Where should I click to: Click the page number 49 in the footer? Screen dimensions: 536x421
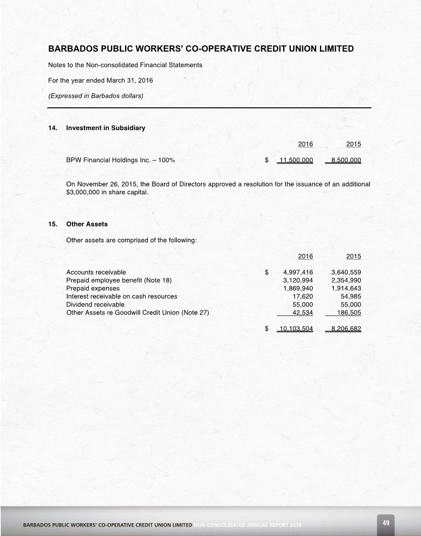(x=386, y=523)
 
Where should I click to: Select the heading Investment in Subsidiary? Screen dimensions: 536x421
(x=106, y=128)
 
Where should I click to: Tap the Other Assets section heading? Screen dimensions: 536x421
(x=87, y=224)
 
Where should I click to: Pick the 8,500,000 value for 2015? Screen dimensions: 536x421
(x=346, y=160)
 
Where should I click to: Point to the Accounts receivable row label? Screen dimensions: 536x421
(x=96, y=272)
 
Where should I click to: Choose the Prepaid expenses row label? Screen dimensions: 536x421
(x=93, y=288)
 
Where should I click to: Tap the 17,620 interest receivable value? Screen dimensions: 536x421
(x=302, y=296)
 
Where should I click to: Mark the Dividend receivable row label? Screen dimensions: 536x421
(x=95, y=305)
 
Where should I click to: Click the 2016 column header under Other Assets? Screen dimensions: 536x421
(x=305, y=256)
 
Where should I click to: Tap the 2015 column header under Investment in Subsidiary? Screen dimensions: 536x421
(x=353, y=144)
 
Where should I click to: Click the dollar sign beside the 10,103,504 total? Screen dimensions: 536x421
(x=266, y=328)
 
